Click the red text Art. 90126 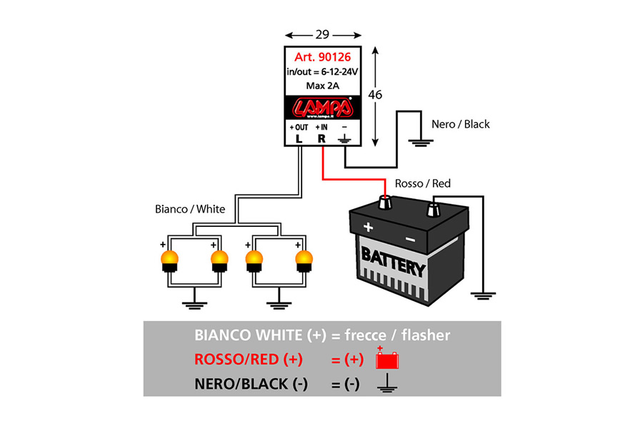[x=322, y=57]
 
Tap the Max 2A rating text [x=323, y=86]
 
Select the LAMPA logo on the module [x=323, y=108]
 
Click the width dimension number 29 [x=323, y=34]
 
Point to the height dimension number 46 [x=375, y=95]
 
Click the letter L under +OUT [x=299, y=139]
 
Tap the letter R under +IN [x=321, y=139]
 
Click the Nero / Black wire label [x=461, y=124]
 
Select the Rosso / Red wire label [x=423, y=183]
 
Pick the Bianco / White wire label [x=190, y=209]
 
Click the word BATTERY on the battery [x=393, y=262]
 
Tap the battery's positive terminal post [x=384, y=203]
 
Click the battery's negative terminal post [x=434, y=210]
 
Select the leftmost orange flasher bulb [x=170, y=261]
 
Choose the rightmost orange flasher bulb [x=304, y=261]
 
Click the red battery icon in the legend [x=387, y=360]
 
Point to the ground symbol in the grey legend [x=387, y=383]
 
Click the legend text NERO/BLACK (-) [x=251, y=384]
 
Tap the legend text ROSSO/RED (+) [x=249, y=360]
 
